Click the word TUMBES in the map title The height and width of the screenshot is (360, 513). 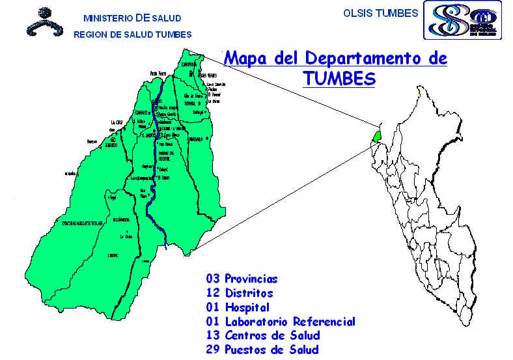[x=339, y=79]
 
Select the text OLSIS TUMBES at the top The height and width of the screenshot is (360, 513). [x=380, y=13]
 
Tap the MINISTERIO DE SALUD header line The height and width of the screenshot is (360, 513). [x=132, y=18]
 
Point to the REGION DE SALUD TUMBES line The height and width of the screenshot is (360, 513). [x=132, y=35]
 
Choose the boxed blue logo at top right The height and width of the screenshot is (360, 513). [x=462, y=20]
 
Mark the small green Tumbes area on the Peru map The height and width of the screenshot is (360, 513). [x=376, y=135]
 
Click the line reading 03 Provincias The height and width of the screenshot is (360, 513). [x=242, y=279]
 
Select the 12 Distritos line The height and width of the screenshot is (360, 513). [x=239, y=294]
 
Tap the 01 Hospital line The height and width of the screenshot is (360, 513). [x=237, y=307]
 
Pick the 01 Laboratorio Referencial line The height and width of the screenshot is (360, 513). [x=281, y=322]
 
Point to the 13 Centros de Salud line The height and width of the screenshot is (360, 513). [x=263, y=336]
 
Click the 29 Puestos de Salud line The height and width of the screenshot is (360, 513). [x=262, y=350]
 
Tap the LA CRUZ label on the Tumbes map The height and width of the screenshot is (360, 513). [x=117, y=122]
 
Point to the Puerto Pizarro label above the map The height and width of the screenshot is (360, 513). [x=158, y=74]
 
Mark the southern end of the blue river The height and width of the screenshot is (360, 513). [x=166, y=247]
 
